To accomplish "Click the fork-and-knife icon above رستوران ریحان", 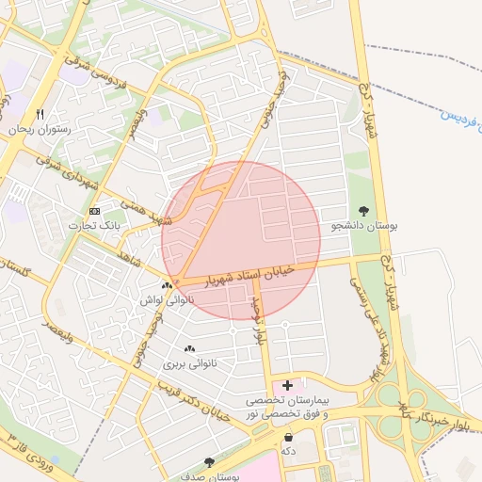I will (x=40, y=114).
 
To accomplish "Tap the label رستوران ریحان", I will (x=40, y=129).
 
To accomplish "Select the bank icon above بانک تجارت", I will (x=94, y=211).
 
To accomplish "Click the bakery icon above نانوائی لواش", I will (x=167, y=285).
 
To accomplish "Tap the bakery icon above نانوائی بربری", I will (x=190, y=348).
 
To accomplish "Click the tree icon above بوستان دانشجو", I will (x=364, y=211).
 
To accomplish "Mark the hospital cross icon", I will (x=287, y=385).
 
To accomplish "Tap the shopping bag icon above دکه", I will (x=288, y=437).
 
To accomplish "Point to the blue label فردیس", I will (x=459, y=118).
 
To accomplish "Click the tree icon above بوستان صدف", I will (x=208, y=462).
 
